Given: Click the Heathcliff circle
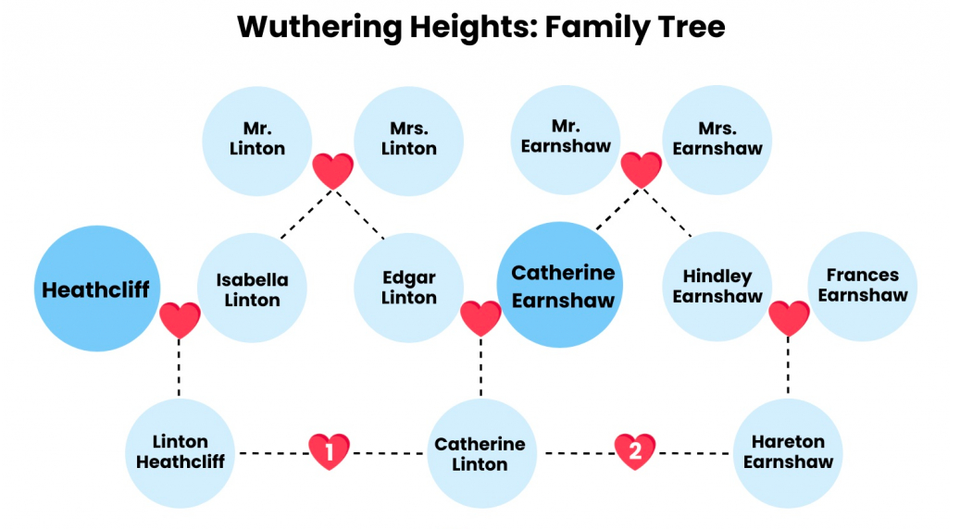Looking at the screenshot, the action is pyautogui.click(x=96, y=289).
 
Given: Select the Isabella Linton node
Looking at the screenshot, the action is pyautogui.click(x=252, y=288).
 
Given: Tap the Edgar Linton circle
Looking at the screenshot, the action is pyautogui.click(x=408, y=288).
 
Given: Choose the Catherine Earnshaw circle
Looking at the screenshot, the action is pyautogui.click(x=559, y=285).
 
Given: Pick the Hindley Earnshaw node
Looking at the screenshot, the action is pyautogui.click(x=717, y=286).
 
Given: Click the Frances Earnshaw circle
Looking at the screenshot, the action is pyautogui.click(x=862, y=286).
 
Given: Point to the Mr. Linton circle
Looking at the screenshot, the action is pyautogui.click(x=257, y=141).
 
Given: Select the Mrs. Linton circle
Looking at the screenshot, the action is pyautogui.click(x=408, y=141).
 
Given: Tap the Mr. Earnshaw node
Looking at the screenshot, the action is pyautogui.click(x=565, y=140).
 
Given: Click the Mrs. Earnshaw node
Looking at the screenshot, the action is pyautogui.click(x=717, y=140).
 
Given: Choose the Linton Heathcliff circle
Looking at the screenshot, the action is pyautogui.click(x=180, y=453).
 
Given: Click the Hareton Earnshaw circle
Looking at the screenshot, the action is pyautogui.click(x=787, y=453).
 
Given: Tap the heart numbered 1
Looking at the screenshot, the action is pyautogui.click(x=330, y=451).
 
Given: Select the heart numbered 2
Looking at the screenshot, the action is pyautogui.click(x=635, y=451).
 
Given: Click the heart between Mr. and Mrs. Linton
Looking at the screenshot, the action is pyautogui.click(x=333, y=170).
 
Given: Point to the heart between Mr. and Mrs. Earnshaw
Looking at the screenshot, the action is pyautogui.click(x=641, y=169).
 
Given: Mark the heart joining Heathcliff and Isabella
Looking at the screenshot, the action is pyautogui.click(x=180, y=319).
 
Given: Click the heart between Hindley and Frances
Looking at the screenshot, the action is pyautogui.click(x=789, y=318).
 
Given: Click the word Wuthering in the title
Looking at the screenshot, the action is pyautogui.click(x=318, y=28).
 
